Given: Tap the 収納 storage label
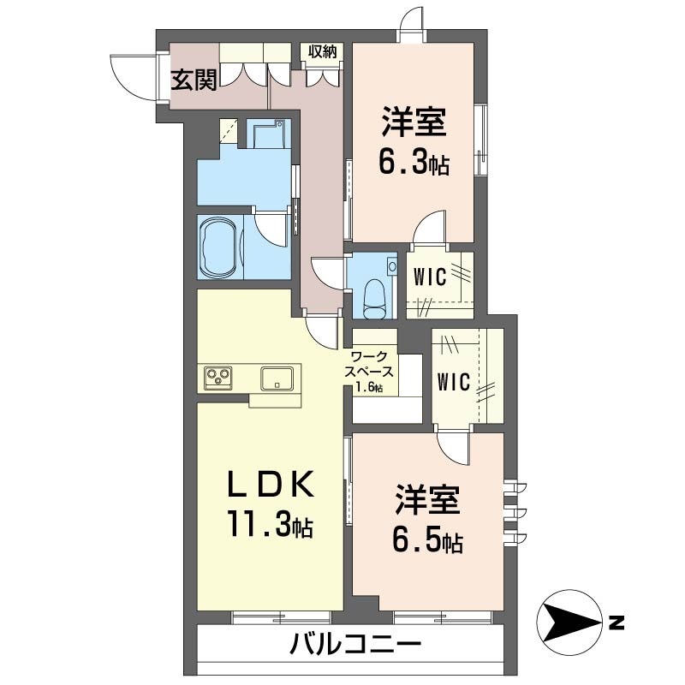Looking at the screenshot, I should point(323,52).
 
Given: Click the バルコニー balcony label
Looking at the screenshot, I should point(354,644).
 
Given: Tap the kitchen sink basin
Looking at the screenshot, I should point(278,378).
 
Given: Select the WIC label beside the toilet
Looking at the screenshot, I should point(429,277).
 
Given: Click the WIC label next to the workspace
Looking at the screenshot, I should point(453,381).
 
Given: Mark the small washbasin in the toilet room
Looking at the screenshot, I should point(392,266).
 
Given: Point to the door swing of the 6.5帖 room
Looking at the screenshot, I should point(452,444).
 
